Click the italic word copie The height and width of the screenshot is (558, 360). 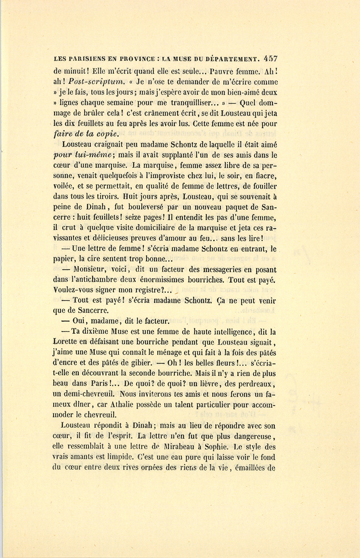click(106, 134)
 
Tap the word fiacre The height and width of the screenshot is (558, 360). click(267, 175)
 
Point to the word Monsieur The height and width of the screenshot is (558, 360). click(92, 270)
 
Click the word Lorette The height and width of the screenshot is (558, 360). click(67, 342)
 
